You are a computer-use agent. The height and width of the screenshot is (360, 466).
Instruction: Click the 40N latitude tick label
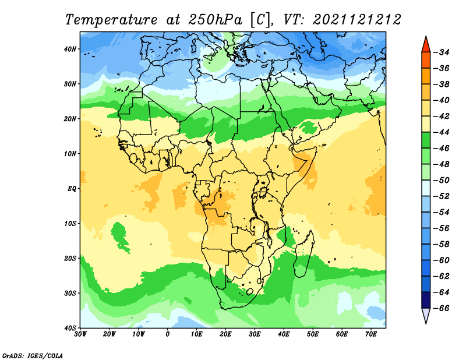click(x=70, y=49)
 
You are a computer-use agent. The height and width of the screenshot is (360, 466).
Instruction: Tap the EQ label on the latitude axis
click(x=72, y=189)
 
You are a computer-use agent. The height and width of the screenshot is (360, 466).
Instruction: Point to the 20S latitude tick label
click(x=70, y=258)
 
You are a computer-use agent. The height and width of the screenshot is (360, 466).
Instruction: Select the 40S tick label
click(x=70, y=328)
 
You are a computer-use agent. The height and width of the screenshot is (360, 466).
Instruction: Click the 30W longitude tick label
click(x=80, y=334)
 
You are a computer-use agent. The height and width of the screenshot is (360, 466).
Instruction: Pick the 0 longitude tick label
click(x=168, y=334)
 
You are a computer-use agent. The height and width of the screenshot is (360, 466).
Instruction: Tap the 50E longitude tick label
click(x=313, y=334)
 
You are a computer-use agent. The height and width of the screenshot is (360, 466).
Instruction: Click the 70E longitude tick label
click(x=371, y=334)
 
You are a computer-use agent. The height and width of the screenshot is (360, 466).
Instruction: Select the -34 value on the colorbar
click(x=442, y=52)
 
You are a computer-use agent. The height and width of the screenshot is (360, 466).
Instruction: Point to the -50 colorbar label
click(x=442, y=180)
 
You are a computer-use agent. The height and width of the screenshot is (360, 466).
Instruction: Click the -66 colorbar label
click(x=442, y=308)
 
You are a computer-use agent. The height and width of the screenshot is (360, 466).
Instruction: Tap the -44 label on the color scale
click(x=442, y=132)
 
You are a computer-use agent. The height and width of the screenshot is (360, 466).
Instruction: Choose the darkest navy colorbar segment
click(x=426, y=300)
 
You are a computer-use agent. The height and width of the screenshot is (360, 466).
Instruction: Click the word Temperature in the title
click(x=111, y=20)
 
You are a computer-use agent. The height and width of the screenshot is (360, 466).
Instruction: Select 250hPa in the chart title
click(x=215, y=20)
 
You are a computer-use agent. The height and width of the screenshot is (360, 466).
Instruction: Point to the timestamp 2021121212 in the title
click(x=357, y=20)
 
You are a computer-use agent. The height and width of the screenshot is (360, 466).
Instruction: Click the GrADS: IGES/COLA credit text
click(x=33, y=356)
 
